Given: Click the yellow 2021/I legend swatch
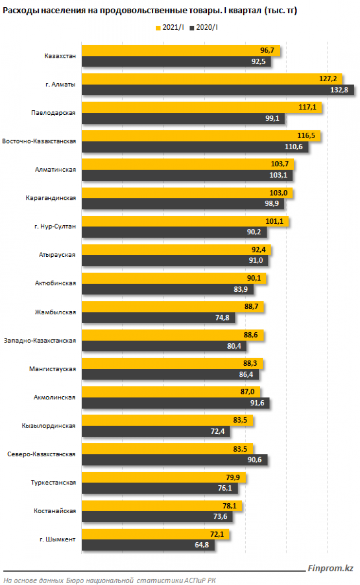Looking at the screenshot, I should tap(158, 28).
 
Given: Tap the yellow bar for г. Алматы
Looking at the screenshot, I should tap(212, 79).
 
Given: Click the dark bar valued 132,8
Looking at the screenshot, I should tap(218, 90).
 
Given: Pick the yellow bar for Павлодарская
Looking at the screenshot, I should tap(202, 107).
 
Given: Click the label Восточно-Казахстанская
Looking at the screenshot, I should tap(39, 141).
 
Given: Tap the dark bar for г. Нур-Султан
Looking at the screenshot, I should tap(174, 232).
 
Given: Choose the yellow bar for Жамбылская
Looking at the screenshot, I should tap(173, 306).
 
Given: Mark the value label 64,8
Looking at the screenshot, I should tap(205, 545).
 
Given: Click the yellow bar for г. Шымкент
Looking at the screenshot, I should tap(155, 534).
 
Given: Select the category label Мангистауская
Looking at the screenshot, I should tap(53, 369).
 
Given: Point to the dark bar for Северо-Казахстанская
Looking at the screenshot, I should tap(175, 460).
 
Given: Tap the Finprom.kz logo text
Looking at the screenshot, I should tap(330, 568).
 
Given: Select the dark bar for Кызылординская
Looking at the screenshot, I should tap(156, 431).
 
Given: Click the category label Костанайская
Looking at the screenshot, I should tap(55, 511).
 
